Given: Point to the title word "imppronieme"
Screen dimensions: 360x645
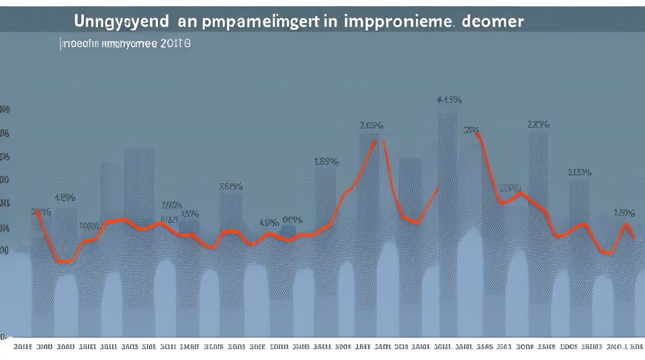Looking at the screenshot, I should tap(398, 21).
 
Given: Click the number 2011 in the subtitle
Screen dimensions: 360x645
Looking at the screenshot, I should tap(176, 44).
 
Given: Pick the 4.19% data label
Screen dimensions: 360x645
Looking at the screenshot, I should tap(449, 100).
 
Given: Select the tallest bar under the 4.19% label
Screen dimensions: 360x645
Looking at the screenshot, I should tap(447, 222).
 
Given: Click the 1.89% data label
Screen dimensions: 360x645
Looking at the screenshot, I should tap(326, 161).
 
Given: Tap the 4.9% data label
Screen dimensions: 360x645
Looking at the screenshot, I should tap(269, 222).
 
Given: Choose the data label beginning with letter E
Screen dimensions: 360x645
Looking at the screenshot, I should tap(230, 187).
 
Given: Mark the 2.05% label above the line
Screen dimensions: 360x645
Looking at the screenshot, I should tap(371, 125).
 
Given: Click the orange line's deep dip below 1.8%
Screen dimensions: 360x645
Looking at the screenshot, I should tap(64, 261).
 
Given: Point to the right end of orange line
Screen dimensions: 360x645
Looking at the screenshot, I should tap(634, 238).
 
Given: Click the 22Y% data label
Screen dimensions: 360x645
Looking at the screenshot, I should tap(539, 124).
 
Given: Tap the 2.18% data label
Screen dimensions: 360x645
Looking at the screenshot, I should tap(579, 172).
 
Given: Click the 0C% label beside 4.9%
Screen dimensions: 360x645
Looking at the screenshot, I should tap(292, 220).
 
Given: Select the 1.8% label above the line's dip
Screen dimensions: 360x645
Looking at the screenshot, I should tap(64, 197).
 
